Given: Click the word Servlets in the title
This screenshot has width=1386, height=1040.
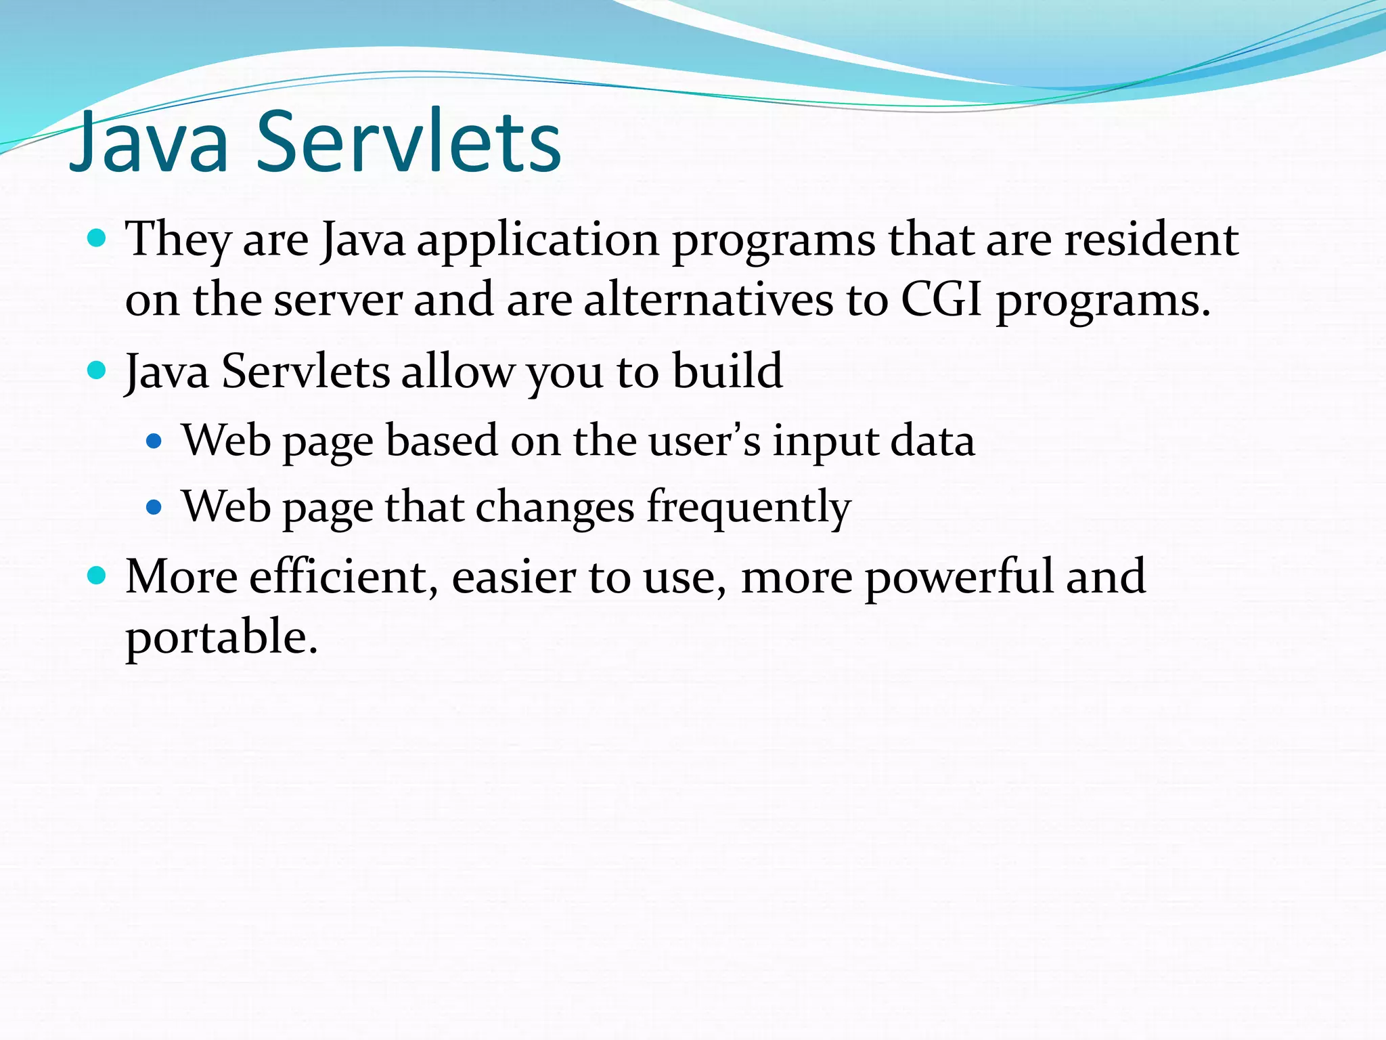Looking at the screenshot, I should click(409, 142).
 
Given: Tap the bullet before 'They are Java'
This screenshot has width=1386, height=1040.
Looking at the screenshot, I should click(97, 238).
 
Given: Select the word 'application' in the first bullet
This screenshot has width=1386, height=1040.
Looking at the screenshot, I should click(538, 241).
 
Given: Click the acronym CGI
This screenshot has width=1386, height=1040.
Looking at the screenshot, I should click(941, 300).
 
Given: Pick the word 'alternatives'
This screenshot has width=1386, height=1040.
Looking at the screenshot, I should click(708, 300).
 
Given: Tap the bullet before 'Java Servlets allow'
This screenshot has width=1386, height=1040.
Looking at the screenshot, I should click(97, 370).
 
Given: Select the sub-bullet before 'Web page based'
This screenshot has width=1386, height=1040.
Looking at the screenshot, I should click(154, 441).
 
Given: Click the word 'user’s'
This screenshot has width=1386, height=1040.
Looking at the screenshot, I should click(705, 441).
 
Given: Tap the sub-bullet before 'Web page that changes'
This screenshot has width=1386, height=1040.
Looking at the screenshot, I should click(154, 507).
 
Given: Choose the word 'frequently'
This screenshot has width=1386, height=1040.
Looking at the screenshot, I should click(748, 508).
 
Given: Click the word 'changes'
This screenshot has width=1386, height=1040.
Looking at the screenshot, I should click(555, 508).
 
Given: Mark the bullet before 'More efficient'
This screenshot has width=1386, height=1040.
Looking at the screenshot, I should click(97, 576).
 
